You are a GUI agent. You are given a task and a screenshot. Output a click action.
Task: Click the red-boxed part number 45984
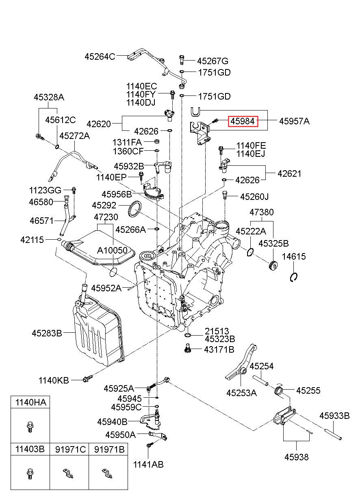pos(243,121)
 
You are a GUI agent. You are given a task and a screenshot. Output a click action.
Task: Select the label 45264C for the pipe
pos(100,56)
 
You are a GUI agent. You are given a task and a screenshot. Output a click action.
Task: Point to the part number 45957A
pos(294,121)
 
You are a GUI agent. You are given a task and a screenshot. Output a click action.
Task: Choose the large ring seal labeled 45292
pos(134,208)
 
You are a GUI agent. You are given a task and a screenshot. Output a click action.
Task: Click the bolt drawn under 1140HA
pos(30,427)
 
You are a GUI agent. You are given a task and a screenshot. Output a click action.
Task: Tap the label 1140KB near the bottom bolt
pos(54,380)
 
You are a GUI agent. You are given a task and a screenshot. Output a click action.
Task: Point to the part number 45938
pos(297,457)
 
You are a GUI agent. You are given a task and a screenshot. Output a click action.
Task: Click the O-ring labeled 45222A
pos(250,252)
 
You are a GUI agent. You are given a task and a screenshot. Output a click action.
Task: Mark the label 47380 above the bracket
pos(262,212)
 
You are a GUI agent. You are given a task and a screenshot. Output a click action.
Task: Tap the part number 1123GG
pos(45,190)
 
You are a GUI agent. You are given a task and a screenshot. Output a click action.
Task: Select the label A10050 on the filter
pos(112,250)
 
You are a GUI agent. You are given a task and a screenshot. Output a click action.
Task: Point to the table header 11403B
pos(30,449)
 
